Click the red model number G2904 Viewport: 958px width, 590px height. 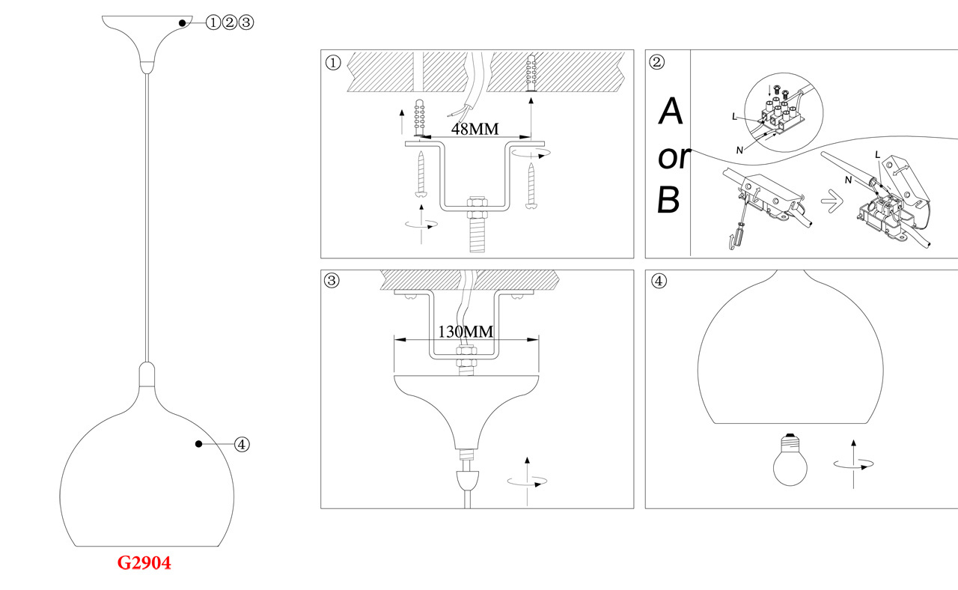(x=144, y=563)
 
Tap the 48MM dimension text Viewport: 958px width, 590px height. (x=475, y=128)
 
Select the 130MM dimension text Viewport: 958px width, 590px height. (x=466, y=331)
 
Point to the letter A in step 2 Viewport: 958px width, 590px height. (x=671, y=112)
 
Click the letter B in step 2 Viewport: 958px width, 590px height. (x=669, y=201)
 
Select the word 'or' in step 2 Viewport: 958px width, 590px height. (x=674, y=157)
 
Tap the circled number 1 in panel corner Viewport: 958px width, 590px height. (x=333, y=63)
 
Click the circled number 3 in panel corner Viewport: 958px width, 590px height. (x=333, y=282)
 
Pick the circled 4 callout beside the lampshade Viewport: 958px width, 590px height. (x=241, y=444)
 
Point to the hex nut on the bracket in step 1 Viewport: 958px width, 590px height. (x=475, y=203)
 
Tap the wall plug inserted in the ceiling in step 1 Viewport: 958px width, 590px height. (x=531, y=73)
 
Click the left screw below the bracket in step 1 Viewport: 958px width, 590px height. (x=422, y=174)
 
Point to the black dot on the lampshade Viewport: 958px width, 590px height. (x=198, y=444)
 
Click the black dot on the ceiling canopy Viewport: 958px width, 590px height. (x=182, y=23)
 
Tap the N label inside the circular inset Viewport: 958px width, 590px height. (x=739, y=150)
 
